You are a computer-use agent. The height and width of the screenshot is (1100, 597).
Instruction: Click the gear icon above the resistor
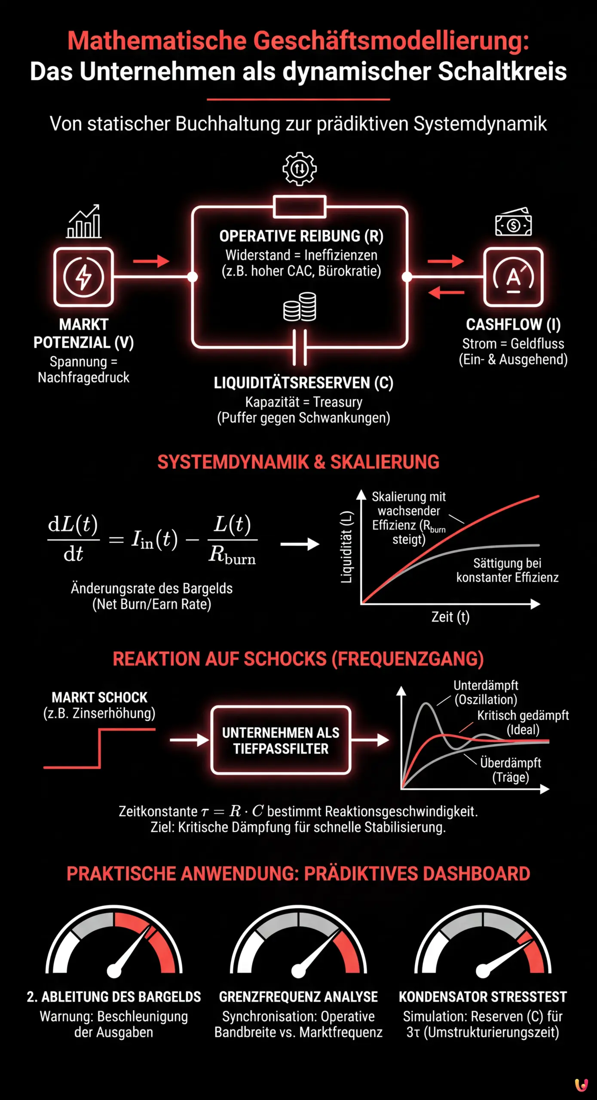300,168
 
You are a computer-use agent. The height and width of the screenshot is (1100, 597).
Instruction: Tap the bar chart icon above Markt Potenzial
84,222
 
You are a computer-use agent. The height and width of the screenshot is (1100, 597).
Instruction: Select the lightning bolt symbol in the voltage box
83,277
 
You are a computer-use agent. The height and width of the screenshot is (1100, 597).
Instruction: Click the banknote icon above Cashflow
513,222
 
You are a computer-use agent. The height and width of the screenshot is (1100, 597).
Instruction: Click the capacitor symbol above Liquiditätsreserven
300,347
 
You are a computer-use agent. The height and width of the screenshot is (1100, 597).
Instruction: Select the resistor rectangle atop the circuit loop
300,206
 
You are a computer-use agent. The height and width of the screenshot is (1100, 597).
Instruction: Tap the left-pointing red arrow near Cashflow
446,293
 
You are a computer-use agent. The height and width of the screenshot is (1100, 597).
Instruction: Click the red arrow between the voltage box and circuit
151,261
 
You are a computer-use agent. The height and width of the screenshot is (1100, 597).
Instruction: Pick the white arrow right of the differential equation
300,544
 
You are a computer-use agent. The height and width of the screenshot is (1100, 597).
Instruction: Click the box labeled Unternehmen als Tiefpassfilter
281,740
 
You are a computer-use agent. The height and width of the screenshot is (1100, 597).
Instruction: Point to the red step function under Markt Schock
100,748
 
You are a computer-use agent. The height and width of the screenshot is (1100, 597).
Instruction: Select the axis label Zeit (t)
450,617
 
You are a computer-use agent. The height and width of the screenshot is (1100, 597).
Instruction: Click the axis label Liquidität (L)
346,547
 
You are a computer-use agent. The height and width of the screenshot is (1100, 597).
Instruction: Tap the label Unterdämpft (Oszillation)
486,692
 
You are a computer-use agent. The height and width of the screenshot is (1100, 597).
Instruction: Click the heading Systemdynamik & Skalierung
298,462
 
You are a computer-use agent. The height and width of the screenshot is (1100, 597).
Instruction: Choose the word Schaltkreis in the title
502,71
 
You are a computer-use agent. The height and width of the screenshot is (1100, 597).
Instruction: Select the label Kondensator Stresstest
483,997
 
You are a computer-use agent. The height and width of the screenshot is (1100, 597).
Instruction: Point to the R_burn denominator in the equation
233,555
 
